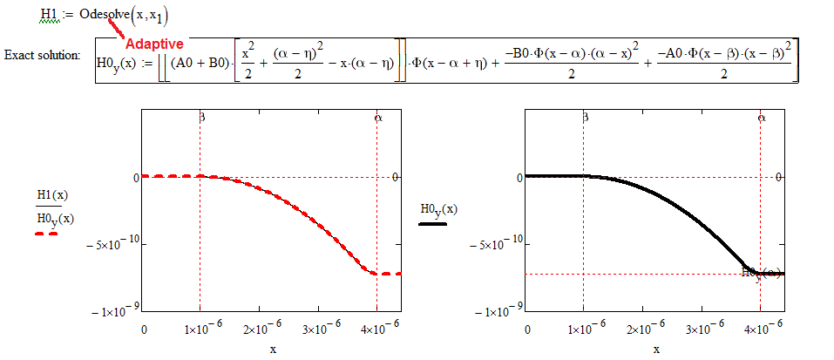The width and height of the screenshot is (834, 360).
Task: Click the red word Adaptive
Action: click(x=154, y=43)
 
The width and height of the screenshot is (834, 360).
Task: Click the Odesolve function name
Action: click(x=109, y=15)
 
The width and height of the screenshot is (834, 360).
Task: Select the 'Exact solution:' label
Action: click(x=42, y=55)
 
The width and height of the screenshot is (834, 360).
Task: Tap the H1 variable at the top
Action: click(x=49, y=15)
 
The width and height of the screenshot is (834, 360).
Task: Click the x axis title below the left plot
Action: click(x=272, y=349)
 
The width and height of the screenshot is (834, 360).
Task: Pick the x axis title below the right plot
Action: click(x=655, y=349)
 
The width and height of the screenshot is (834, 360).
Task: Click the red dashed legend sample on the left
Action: click(x=47, y=234)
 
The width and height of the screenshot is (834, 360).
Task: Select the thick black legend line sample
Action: click(x=432, y=223)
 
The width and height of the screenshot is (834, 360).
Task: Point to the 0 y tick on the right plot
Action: click(x=519, y=177)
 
